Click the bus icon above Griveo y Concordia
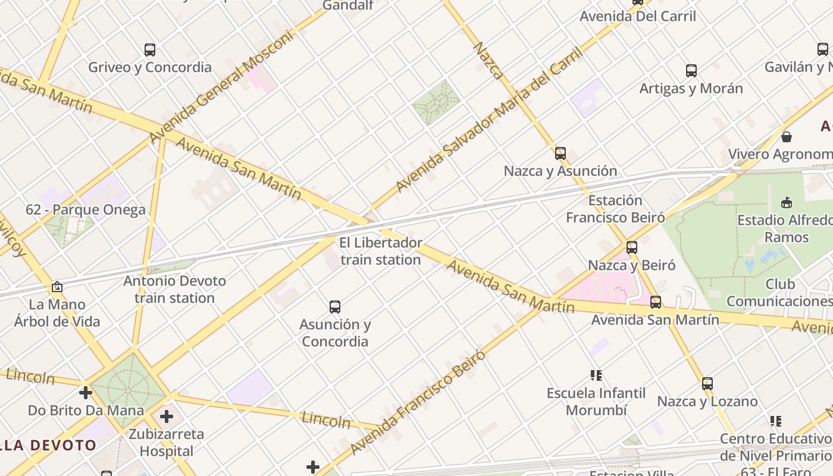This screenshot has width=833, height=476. tap(150, 50)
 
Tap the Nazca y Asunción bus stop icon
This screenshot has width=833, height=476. tap(560, 154)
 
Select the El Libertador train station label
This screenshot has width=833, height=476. tap(381, 251)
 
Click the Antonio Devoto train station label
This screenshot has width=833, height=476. tap(174, 289)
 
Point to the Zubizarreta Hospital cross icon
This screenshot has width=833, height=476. tap(167, 416)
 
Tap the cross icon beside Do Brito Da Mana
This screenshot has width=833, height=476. tap(86, 393)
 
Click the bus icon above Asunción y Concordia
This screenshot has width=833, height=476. tap(335, 307)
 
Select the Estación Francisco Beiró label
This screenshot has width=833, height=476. tap(615, 209)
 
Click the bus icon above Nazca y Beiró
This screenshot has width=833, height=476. tap(632, 247)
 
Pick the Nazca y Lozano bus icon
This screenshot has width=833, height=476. tap(707, 384)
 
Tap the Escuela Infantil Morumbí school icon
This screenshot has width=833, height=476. tap(596, 375)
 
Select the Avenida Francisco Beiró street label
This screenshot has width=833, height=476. tap(418, 403)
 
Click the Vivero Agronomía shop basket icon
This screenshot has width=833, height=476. tap(787, 137)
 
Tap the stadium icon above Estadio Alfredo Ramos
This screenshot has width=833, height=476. tap(787, 202)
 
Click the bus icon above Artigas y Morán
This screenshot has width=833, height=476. tap(691, 71)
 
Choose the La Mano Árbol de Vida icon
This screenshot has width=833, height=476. tap(57, 287)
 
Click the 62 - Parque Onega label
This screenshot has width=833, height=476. tap(86, 209)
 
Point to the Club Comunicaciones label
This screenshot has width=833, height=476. tap(779, 293)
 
